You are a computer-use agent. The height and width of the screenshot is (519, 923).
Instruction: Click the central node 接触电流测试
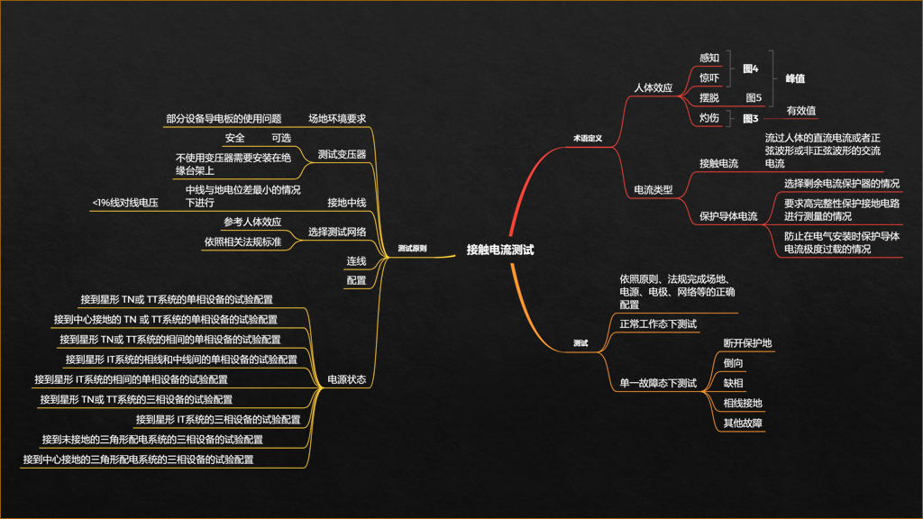(x=499, y=250)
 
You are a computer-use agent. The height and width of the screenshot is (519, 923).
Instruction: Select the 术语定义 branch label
(x=587, y=140)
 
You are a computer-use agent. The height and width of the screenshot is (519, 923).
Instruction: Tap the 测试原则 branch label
(x=412, y=248)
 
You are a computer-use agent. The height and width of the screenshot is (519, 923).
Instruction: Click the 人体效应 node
(x=653, y=88)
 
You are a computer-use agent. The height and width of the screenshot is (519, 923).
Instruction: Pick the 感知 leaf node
(x=709, y=58)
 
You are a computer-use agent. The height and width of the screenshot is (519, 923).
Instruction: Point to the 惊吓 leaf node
(x=709, y=78)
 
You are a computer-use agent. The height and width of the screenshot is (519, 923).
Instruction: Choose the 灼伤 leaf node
(x=709, y=118)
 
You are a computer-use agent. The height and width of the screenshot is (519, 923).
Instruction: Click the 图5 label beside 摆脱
(x=754, y=98)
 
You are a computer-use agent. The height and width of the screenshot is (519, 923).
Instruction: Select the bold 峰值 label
(x=795, y=79)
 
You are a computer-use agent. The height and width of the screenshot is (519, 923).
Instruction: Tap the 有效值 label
(x=801, y=111)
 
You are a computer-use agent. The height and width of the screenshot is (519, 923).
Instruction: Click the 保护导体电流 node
(x=728, y=217)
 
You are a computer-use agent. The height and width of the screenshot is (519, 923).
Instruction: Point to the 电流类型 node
(x=653, y=190)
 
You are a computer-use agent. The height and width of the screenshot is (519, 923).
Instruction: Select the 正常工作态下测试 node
(x=658, y=324)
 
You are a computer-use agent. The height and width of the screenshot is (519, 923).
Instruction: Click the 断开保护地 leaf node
(x=747, y=343)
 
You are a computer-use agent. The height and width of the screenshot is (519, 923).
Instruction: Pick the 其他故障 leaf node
(x=743, y=423)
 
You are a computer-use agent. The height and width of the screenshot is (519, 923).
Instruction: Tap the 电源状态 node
(x=346, y=380)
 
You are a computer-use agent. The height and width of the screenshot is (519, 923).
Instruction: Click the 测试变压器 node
(x=342, y=154)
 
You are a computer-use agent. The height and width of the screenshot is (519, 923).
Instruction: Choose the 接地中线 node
(x=346, y=202)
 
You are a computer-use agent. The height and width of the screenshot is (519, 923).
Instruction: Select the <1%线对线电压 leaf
(x=125, y=204)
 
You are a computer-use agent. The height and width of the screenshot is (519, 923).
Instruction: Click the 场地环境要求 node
(x=337, y=118)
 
